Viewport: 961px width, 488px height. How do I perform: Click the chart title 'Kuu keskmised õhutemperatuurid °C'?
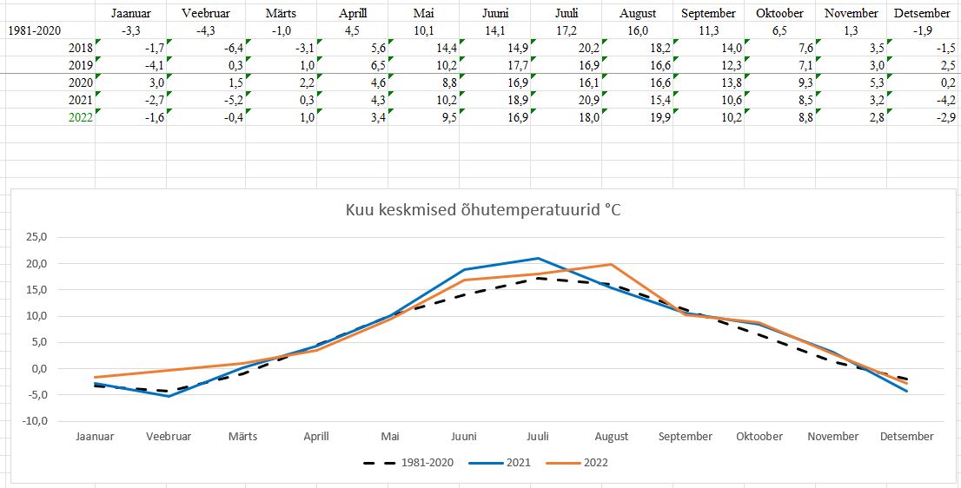tap(484, 210)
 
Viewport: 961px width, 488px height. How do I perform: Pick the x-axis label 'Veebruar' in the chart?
tap(169, 437)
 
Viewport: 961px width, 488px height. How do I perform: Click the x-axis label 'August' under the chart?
tap(612, 437)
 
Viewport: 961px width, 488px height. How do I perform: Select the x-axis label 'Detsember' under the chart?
tap(906, 437)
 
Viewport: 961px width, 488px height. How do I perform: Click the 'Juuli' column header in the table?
tap(567, 13)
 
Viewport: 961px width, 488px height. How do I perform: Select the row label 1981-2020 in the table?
tap(34, 30)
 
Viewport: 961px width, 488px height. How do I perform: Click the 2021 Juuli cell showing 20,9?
tap(588, 100)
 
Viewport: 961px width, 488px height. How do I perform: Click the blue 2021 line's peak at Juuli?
tap(538, 258)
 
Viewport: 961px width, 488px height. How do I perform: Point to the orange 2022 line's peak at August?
tap(612, 264)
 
